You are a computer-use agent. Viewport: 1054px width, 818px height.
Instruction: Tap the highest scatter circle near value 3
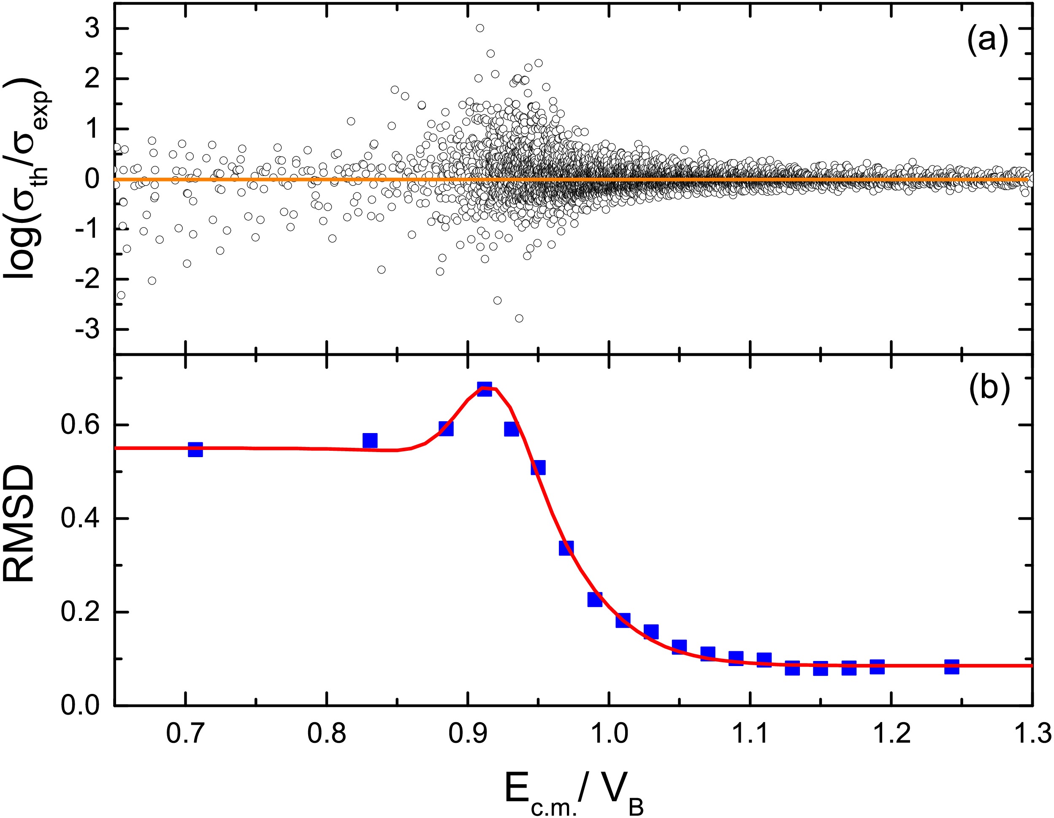point(480,28)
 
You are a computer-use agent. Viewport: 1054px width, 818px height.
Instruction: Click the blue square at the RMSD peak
point(485,389)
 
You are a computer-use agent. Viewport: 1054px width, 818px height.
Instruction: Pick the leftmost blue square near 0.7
point(195,449)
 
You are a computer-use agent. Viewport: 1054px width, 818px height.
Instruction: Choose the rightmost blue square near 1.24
point(951,667)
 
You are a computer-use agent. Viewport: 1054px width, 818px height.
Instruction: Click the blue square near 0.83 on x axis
point(370,440)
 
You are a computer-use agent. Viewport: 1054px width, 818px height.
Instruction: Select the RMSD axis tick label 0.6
point(80,425)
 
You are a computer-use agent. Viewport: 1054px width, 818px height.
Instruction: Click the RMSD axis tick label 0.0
point(80,706)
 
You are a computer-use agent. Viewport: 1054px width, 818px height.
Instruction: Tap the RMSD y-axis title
point(19,524)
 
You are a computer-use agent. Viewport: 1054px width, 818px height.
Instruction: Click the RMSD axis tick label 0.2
point(80,612)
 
